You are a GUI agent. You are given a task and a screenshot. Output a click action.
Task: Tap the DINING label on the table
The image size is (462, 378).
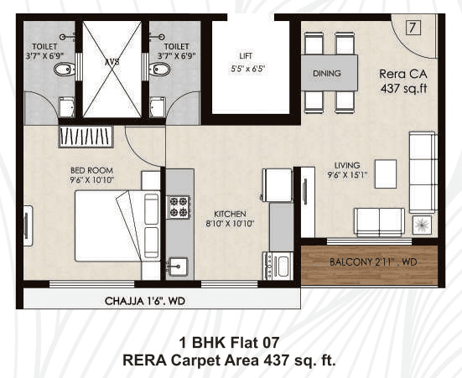(327, 74)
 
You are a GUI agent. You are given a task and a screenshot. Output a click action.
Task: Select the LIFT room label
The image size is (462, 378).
(246, 56)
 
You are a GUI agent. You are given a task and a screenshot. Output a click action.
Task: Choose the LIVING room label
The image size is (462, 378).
(346, 165)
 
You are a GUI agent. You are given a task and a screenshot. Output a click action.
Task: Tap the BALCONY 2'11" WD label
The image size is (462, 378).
(370, 262)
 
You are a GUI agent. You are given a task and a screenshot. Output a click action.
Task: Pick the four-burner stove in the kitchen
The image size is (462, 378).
(179, 206)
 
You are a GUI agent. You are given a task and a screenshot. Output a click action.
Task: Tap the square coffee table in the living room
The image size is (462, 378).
(385, 173)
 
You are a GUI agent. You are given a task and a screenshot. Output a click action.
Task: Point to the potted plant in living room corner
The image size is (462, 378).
(423, 224)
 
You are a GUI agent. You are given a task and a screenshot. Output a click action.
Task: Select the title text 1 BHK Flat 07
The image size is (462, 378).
(229, 342)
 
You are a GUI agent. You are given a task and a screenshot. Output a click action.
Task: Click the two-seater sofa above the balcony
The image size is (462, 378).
(379, 220)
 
